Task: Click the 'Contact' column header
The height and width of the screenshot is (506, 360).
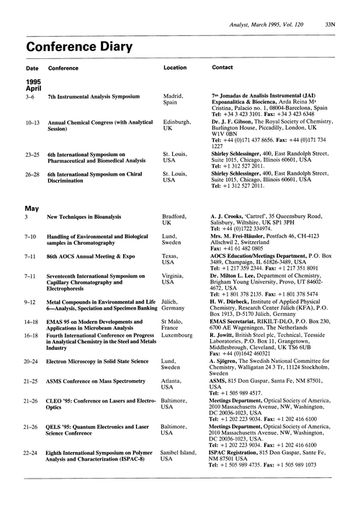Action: point(222,68)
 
